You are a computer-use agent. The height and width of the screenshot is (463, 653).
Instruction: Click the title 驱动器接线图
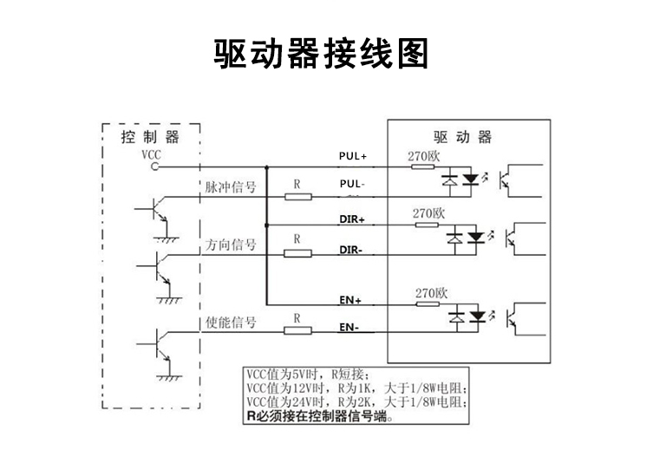tap(322, 54)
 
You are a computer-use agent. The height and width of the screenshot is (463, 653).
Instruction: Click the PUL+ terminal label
tap(353, 157)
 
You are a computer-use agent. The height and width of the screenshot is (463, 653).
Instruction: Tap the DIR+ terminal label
tap(351, 219)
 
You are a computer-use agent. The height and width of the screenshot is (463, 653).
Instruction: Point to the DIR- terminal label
tap(350, 250)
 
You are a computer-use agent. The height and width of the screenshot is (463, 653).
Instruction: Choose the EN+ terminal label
tap(350, 300)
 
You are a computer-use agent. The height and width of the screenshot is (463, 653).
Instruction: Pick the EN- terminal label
tap(349, 329)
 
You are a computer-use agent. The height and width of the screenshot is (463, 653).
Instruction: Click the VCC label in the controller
tap(151, 154)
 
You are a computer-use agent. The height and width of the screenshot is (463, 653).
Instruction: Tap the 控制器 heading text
tap(150, 137)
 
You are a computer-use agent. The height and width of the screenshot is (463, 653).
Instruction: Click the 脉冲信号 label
tap(230, 187)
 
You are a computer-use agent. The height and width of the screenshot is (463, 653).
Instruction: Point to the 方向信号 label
tap(230, 245)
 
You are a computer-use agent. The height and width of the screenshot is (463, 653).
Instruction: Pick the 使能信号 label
tap(230, 323)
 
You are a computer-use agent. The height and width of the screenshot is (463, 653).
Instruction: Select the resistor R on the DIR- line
tap(297, 253)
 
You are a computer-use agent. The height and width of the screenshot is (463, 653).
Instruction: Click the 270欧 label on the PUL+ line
tap(425, 156)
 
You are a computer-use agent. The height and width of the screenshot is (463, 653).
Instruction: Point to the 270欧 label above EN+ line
tap(431, 292)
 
